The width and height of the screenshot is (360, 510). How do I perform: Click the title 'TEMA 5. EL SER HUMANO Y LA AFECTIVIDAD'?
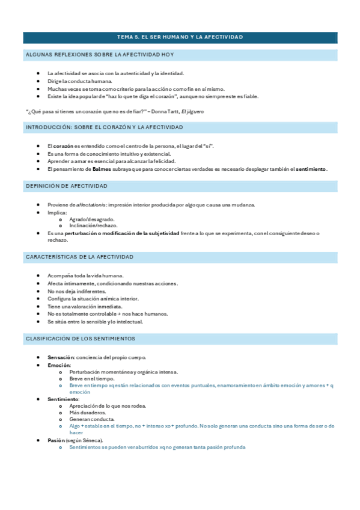pyautogui.click(x=180, y=37)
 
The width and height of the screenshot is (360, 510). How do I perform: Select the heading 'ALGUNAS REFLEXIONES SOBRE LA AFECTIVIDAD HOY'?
pyautogui.click(x=100, y=55)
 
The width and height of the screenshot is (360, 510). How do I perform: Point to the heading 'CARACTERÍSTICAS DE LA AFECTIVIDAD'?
pyautogui.click(x=79, y=257)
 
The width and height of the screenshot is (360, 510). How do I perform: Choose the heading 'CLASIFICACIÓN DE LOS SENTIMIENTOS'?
pyautogui.click(x=80, y=339)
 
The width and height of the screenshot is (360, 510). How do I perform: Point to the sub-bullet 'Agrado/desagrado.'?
pyautogui.click(x=92, y=219)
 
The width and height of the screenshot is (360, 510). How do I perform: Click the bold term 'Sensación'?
pyautogui.click(x=61, y=358)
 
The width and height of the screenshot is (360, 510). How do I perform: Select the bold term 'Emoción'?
pyautogui.click(x=59, y=365)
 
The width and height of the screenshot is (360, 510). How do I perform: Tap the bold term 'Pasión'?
pyautogui.click(x=56, y=440)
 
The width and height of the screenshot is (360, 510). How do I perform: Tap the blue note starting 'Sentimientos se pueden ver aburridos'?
pyautogui.click(x=157, y=447)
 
